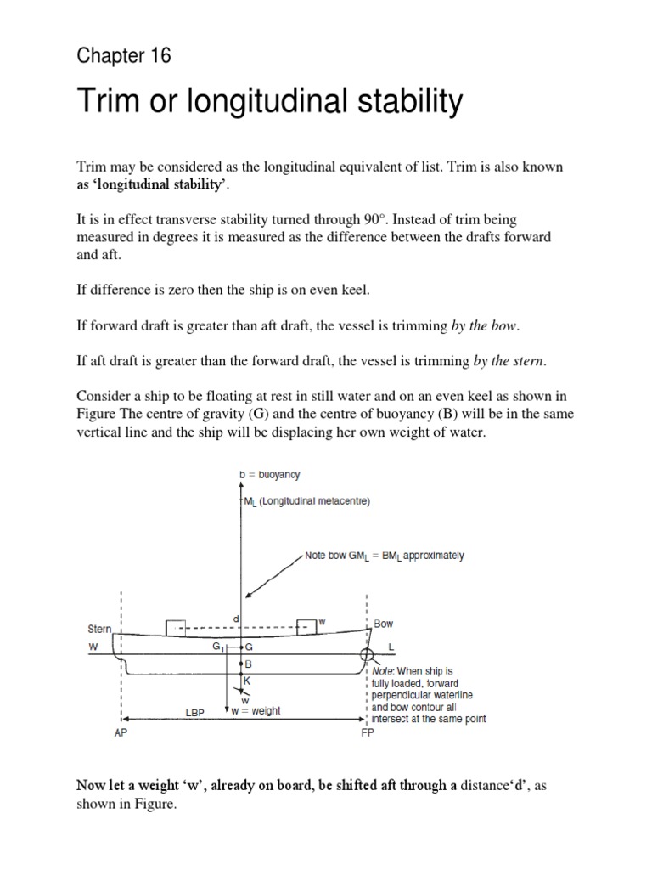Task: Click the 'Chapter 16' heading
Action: [x=124, y=57]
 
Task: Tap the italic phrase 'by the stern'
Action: [x=509, y=362]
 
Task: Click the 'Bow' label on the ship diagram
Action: [x=383, y=624]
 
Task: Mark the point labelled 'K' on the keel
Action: [x=248, y=681]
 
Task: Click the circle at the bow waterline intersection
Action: [x=366, y=655]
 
